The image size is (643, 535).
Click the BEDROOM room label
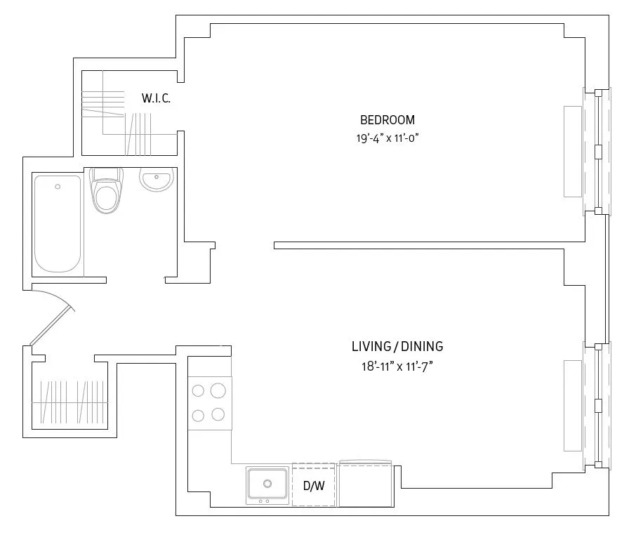387,119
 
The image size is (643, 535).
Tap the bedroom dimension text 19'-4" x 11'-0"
387,138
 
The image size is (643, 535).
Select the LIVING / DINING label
397,346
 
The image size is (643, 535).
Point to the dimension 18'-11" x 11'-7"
397,366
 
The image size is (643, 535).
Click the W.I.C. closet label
156,98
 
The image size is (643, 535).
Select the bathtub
58,223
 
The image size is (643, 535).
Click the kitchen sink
267,484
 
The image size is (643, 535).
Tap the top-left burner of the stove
198,390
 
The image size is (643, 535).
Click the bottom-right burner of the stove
218,414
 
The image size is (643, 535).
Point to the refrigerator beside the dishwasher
366,484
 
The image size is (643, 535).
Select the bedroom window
597,151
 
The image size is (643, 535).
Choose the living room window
597,405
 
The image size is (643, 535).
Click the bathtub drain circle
58,187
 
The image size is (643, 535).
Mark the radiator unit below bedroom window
573,151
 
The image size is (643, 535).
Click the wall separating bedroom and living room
428,245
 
